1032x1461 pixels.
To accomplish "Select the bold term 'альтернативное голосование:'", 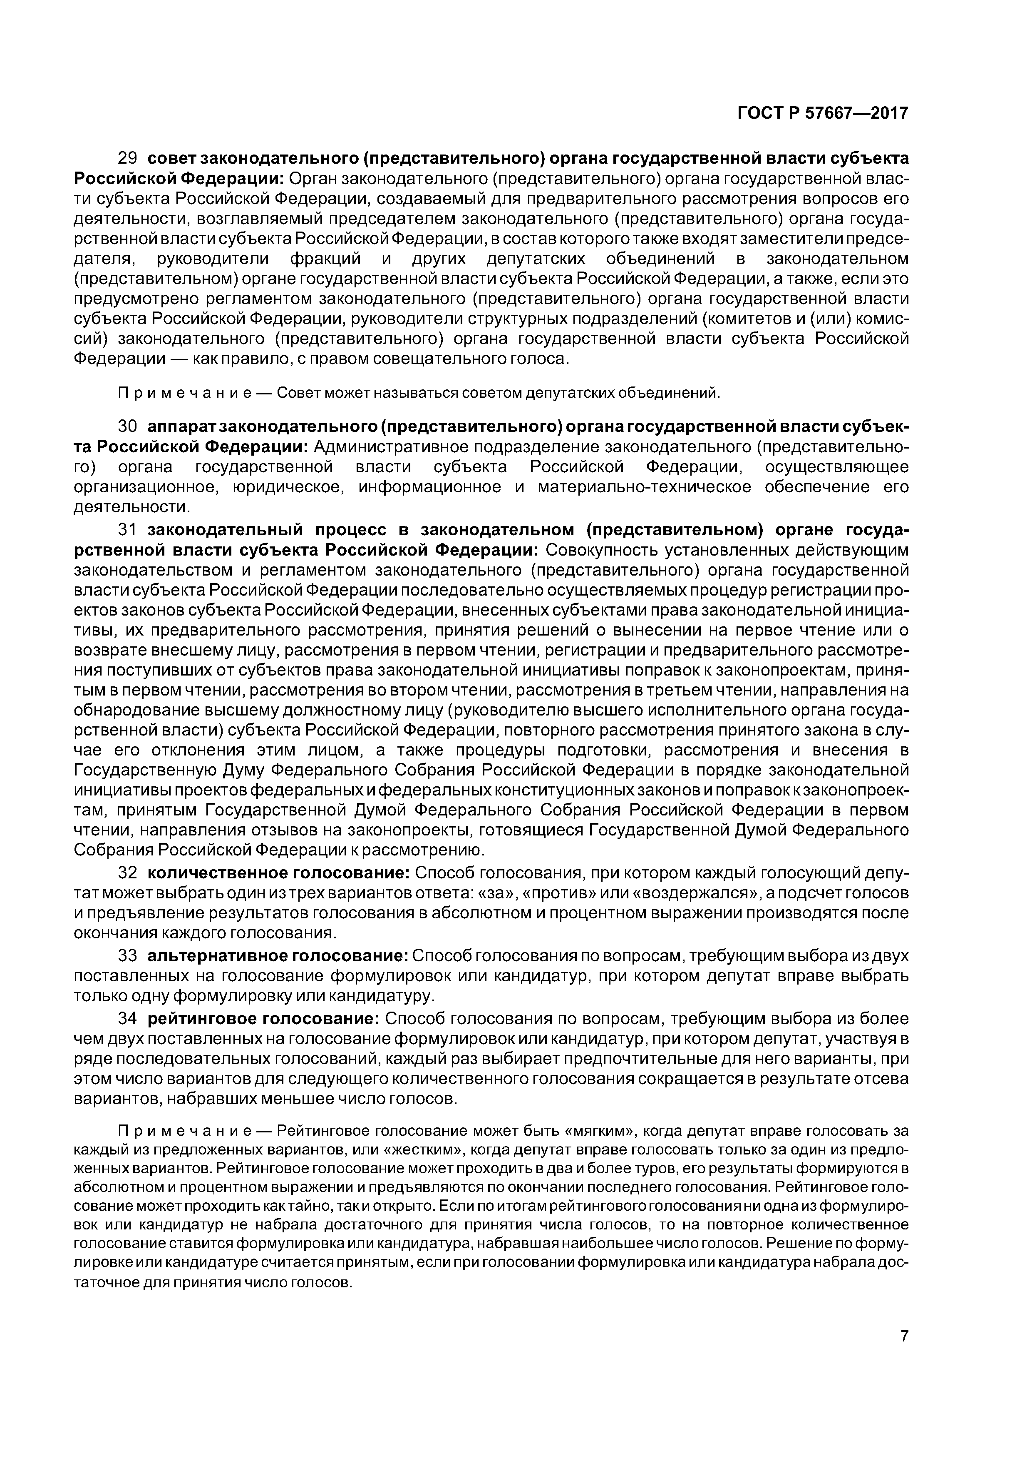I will (x=278, y=956).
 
